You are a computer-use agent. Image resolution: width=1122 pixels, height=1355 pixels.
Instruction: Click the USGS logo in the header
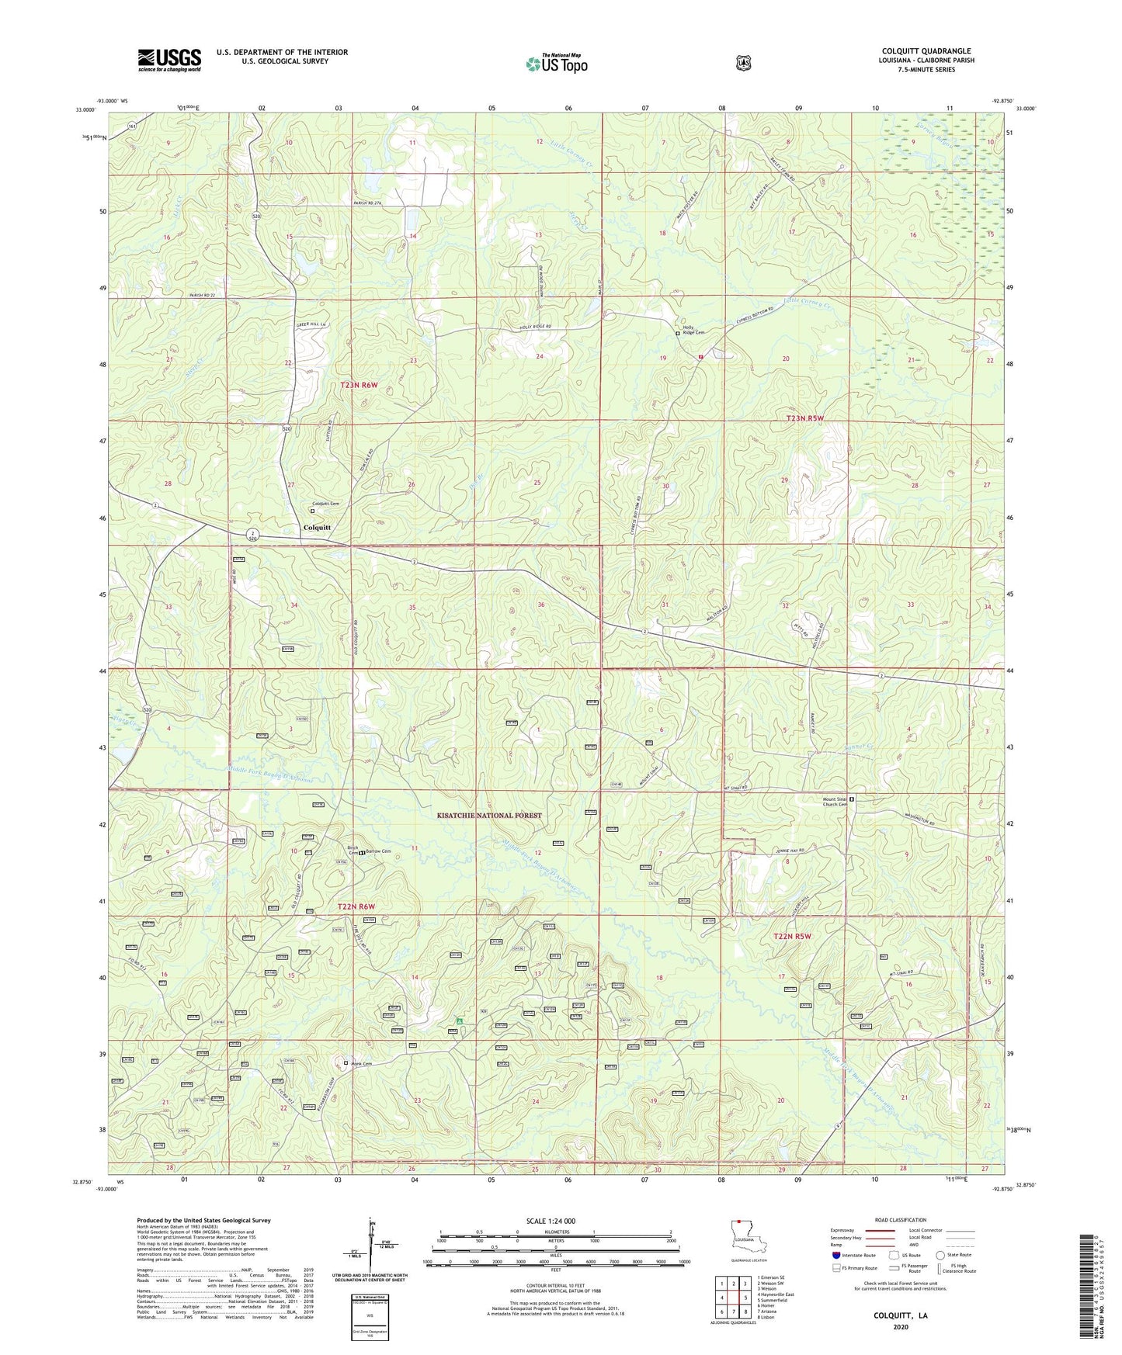click(169, 60)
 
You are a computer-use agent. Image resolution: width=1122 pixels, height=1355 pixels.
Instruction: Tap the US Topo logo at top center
click(556, 64)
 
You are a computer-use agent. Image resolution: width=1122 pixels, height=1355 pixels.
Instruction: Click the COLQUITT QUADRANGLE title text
click(926, 51)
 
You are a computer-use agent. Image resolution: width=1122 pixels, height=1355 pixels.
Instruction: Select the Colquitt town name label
click(317, 528)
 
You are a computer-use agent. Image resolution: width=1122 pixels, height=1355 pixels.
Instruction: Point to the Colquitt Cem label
click(326, 504)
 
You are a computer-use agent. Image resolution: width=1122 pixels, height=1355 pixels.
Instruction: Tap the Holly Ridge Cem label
click(693, 330)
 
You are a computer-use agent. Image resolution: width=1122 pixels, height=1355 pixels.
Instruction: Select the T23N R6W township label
click(358, 385)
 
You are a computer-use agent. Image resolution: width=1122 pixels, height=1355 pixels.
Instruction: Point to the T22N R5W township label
click(791, 937)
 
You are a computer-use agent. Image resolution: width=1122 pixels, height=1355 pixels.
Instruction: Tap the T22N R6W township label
click(356, 906)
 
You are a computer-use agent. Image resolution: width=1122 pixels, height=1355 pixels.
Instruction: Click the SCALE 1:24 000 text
click(551, 1221)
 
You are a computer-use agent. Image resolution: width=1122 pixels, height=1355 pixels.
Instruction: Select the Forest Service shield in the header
click(744, 63)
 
